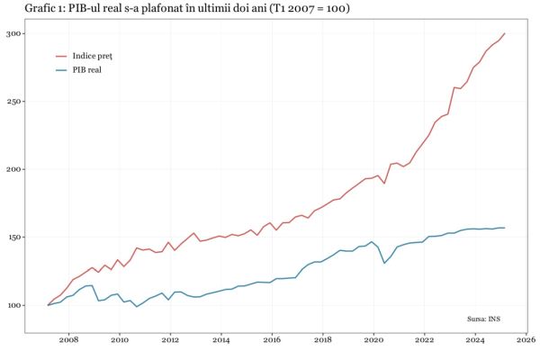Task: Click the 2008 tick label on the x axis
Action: pos(68,342)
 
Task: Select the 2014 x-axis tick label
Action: pos(221,342)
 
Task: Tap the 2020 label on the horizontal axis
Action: pos(373,342)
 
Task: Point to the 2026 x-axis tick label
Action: pos(526,342)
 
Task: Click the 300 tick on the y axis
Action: pos(14,33)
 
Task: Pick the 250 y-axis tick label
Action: pos(14,102)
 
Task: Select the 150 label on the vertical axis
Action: pos(14,238)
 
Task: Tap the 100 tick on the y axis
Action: pos(14,306)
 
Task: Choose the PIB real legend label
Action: pos(86,69)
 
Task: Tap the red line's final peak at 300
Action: pos(505,33)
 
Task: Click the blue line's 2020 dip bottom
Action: pos(384,263)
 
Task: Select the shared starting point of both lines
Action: pos(49,305)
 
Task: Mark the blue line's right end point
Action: pos(505,228)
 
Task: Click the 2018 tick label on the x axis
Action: pos(323,342)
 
